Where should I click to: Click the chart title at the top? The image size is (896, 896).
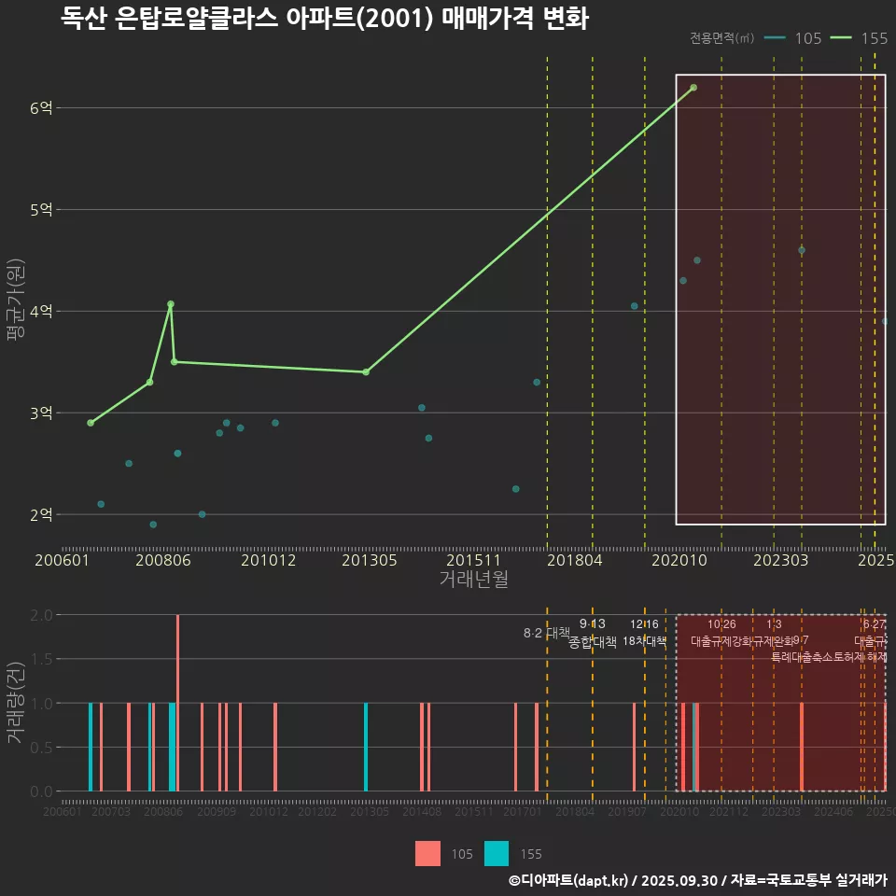pos(324,19)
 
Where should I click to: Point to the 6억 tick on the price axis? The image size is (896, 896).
pos(41,108)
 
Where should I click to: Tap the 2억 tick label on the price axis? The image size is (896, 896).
pos(41,514)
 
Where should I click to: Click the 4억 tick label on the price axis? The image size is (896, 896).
pos(41,312)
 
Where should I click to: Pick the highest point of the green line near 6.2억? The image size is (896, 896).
pos(693,88)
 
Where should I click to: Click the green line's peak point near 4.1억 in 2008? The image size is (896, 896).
pos(170,304)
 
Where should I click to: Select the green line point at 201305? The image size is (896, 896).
pos(366,372)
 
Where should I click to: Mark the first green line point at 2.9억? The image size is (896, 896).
pos(91,423)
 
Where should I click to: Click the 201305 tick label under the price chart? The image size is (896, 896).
pos(370,561)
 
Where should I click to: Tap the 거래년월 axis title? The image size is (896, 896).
pos(473,580)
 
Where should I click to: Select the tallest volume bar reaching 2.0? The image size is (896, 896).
pos(177,703)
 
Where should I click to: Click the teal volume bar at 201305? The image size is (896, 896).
pos(366,747)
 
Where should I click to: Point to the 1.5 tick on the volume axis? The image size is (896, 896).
pos(41,659)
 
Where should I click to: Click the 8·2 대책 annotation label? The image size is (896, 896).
pos(547,633)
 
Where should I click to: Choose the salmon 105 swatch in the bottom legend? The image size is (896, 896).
pos(427,853)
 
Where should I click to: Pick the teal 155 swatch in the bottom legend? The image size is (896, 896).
pos(497,853)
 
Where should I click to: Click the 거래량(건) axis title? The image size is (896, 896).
pos(14,703)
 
